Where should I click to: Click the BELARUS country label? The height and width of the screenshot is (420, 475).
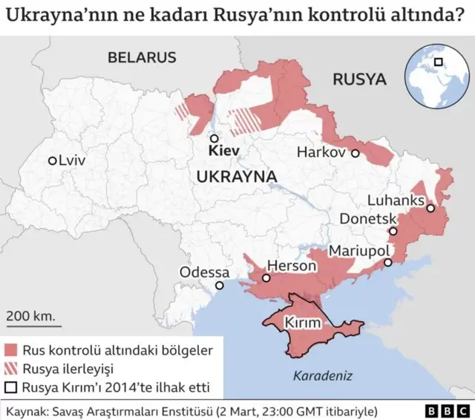click(141, 57)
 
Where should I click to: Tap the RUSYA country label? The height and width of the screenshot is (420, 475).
click(359, 80)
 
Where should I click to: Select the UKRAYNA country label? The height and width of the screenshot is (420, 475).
click(237, 176)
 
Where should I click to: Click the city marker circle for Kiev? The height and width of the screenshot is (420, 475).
click(214, 138)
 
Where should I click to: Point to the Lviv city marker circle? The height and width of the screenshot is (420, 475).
click(52, 161)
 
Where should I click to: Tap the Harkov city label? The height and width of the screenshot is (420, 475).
click(321, 152)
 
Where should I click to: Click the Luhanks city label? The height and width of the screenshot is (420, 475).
click(396, 201)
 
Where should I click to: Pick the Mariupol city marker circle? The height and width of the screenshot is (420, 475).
click(387, 262)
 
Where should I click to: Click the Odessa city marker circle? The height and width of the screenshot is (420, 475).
click(220, 285)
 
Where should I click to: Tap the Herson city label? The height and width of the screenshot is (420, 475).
click(286, 265)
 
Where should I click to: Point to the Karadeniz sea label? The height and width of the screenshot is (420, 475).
click(322, 375)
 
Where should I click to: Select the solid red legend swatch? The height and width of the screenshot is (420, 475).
click(11, 349)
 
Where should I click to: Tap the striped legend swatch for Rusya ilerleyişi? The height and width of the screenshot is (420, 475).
click(11, 368)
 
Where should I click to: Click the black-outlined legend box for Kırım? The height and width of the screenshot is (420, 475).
click(11, 387)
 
